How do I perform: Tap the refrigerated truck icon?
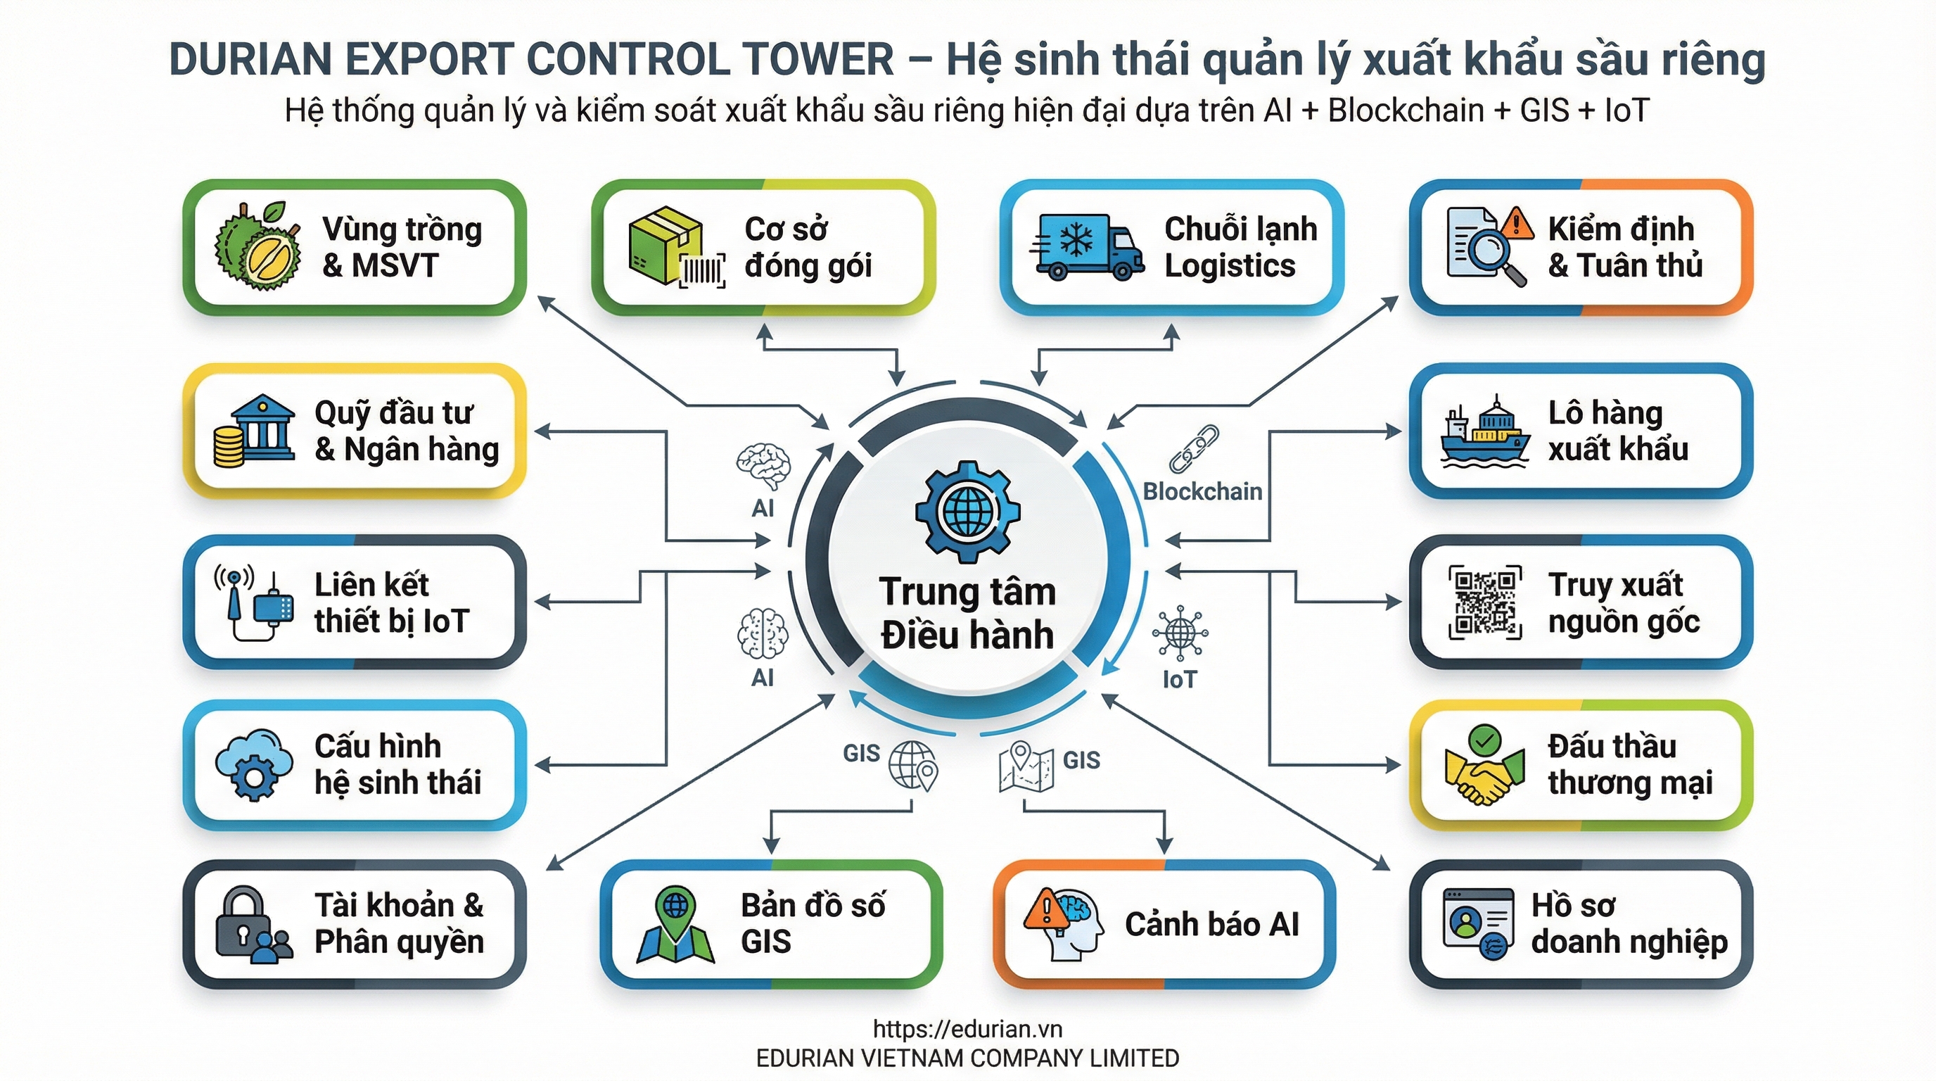[x=1087, y=246]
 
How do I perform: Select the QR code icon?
[x=1484, y=602]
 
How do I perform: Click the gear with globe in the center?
[x=967, y=512]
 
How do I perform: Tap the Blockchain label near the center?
[x=1202, y=492]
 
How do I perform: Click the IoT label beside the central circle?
[x=1178, y=680]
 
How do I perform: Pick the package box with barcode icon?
[x=675, y=247]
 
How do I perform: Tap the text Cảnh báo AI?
[x=1211, y=924]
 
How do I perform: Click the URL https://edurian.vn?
[x=967, y=1029]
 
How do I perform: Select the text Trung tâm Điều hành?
[x=967, y=613]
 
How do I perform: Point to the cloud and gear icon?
[x=253, y=764]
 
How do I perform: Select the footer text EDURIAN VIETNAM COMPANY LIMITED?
[x=967, y=1058]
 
